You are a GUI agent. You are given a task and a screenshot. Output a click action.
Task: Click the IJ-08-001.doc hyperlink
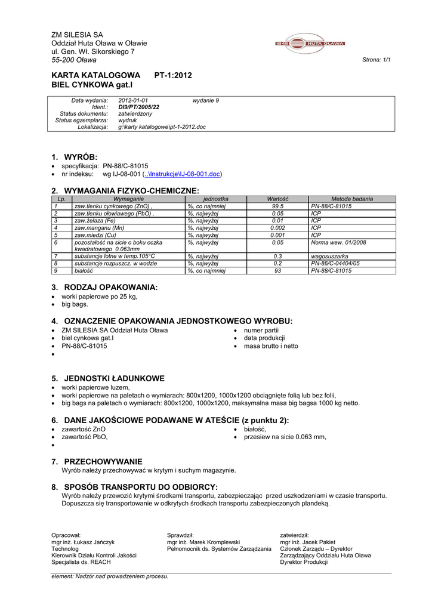point(183,174)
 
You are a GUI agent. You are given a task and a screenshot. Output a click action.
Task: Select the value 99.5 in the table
point(277,206)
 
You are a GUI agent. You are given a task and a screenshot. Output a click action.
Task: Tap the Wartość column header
point(277,199)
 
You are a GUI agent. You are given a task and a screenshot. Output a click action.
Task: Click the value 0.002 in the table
point(277,228)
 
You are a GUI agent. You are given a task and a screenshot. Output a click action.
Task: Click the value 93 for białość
point(277,270)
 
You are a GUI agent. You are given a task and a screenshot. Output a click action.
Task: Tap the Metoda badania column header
point(352,199)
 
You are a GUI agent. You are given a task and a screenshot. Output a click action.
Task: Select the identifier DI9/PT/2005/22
point(139,107)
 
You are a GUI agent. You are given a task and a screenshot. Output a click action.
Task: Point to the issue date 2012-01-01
point(133,100)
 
